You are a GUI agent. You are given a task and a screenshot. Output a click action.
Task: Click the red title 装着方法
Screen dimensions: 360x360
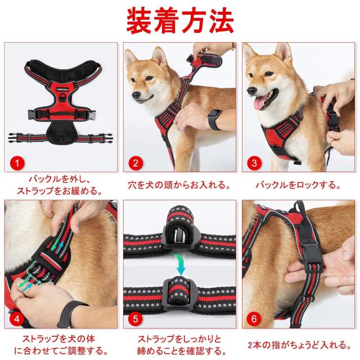[x=180, y=21]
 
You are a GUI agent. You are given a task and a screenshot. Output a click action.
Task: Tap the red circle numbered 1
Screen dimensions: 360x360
[x=17, y=163]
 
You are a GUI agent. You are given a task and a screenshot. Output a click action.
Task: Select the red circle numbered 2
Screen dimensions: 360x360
[x=136, y=163]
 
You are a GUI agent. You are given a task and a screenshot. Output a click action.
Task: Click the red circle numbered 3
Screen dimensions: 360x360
[x=254, y=163]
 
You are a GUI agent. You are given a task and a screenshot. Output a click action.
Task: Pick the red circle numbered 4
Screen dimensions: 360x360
[x=17, y=319]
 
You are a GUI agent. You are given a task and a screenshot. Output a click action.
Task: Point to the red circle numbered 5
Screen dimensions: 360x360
[x=136, y=319]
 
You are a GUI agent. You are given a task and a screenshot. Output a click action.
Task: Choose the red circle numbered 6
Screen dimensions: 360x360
[x=254, y=319]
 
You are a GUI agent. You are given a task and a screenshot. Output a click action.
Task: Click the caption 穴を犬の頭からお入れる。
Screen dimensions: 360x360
[x=179, y=185]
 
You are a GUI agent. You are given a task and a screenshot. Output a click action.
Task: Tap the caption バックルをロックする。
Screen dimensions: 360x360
[x=298, y=185]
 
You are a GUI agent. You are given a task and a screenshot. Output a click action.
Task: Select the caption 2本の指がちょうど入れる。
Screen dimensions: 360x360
[x=299, y=345]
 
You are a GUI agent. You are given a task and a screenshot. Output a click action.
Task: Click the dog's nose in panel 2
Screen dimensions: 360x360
[x=136, y=94]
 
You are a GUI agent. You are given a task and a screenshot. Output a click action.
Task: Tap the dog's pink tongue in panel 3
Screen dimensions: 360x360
[x=259, y=103]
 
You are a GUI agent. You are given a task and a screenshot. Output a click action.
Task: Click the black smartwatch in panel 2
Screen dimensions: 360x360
[x=214, y=119]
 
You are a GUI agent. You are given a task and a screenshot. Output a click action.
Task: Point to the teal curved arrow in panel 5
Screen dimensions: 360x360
[x=180, y=264]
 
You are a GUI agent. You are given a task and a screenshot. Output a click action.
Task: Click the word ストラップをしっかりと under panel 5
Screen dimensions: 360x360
[x=179, y=339]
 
